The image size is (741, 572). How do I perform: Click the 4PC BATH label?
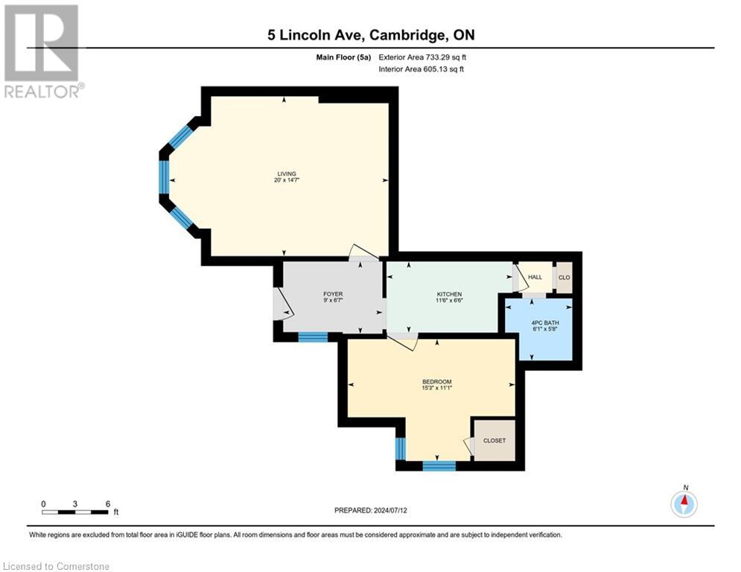[x=539, y=322]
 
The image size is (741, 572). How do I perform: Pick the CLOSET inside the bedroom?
[x=494, y=440]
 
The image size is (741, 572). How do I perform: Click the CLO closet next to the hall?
[x=564, y=277]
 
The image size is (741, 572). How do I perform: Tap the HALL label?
[x=535, y=277]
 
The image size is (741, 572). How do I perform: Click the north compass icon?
[x=684, y=503]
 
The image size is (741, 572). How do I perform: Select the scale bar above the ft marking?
[x=75, y=512]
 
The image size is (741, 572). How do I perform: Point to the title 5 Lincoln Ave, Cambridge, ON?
[x=370, y=35]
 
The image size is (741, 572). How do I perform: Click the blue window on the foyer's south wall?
[x=313, y=337]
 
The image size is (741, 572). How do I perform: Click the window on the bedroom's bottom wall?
[x=439, y=466]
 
